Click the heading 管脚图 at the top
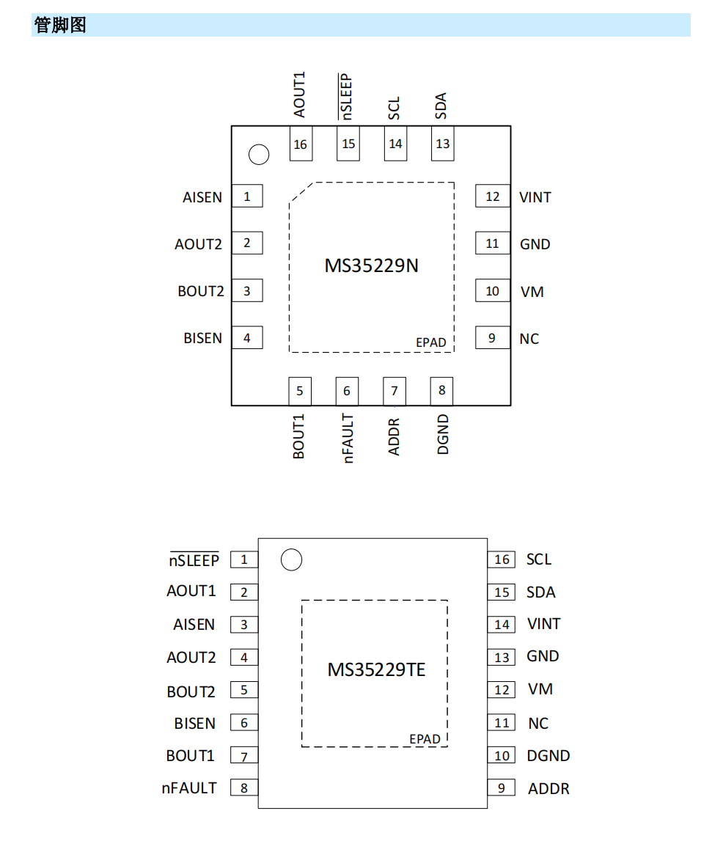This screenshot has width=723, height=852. click(x=60, y=25)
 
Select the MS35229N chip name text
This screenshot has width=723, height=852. click(x=372, y=265)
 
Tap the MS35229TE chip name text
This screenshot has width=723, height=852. click(x=376, y=669)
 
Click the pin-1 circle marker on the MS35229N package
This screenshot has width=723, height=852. click(x=259, y=155)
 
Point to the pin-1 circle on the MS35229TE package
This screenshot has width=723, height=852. click(x=291, y=559)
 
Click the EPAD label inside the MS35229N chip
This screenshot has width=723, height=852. click(x=430, y=342)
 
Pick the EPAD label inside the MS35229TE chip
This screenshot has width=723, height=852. click(x=425, y=739)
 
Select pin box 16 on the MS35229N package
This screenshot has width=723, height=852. click(x=301, y=144)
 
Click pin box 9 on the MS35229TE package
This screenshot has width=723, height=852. click(x=502, y=788)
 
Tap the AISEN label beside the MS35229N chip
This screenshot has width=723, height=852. click(x=202, y=197)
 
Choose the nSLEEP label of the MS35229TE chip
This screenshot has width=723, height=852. click(x=194, y=559)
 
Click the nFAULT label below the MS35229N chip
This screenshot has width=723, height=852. click(x=348, y=438)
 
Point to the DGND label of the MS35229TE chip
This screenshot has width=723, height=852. click(x=548, y=756)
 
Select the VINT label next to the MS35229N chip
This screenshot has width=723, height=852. click(x=535, y=197)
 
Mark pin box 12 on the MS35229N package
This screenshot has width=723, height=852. click(x=493, y=197)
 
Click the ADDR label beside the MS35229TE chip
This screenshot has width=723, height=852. click(x=548, y=788)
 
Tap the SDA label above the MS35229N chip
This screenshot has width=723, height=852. click(x=441, y=106)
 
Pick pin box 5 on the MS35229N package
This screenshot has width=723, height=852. click(x=300, y=391)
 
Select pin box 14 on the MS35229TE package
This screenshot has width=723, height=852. click(x=502, y=625)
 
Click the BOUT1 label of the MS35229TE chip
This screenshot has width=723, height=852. click(x=190, y=756)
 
